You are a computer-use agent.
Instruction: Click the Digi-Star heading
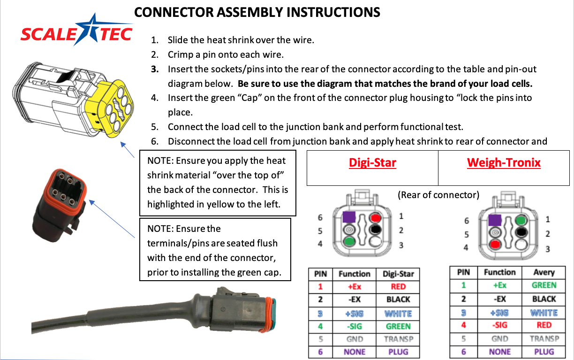pos(372,163)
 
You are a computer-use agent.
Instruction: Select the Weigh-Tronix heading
pos(504,163)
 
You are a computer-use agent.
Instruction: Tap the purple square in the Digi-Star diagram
pos(348,217)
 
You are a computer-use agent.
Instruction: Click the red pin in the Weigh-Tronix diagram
pos(495,245)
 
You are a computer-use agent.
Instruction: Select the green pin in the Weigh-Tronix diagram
pos(520,219)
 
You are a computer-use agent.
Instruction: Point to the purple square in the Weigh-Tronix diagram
pos(495,220)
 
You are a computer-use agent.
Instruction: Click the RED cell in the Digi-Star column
pos(398,287)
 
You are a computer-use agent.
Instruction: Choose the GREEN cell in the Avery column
pos(544,285)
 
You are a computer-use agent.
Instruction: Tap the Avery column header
pos(544,272)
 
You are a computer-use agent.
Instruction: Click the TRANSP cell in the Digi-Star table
pos(398,339)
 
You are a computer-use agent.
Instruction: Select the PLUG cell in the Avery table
pos(544,352)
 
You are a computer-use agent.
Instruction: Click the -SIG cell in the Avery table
pos(499,325)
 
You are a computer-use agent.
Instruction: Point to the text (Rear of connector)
pos(438,195)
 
